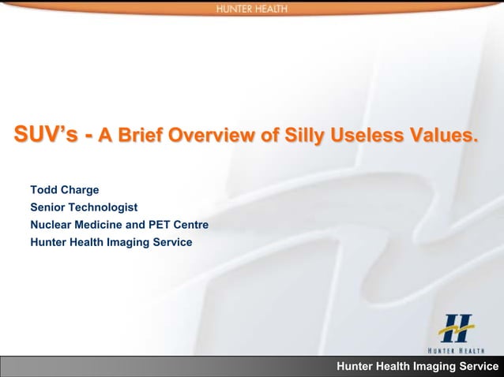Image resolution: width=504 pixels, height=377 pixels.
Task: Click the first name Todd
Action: (44, 190)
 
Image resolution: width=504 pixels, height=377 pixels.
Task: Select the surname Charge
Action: (81, 190)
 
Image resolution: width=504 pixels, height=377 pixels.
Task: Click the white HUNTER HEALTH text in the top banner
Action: (251, 9)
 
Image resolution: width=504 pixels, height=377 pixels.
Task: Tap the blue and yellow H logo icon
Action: (457, 327)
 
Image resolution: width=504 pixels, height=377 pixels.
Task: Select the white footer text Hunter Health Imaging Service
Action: (418, 367)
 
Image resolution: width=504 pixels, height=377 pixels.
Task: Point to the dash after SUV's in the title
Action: (91, 136)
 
